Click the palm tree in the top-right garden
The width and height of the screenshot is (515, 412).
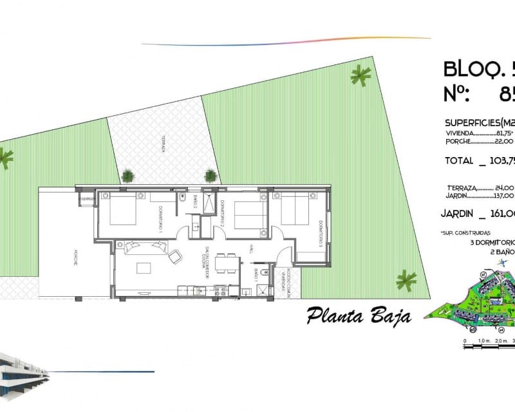coord(360,77)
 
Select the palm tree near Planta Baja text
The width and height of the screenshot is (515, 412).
coord(406,280)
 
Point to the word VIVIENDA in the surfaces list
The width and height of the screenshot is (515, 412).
coord(460,133)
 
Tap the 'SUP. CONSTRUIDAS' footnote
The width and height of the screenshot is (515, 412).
coord(466,232)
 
